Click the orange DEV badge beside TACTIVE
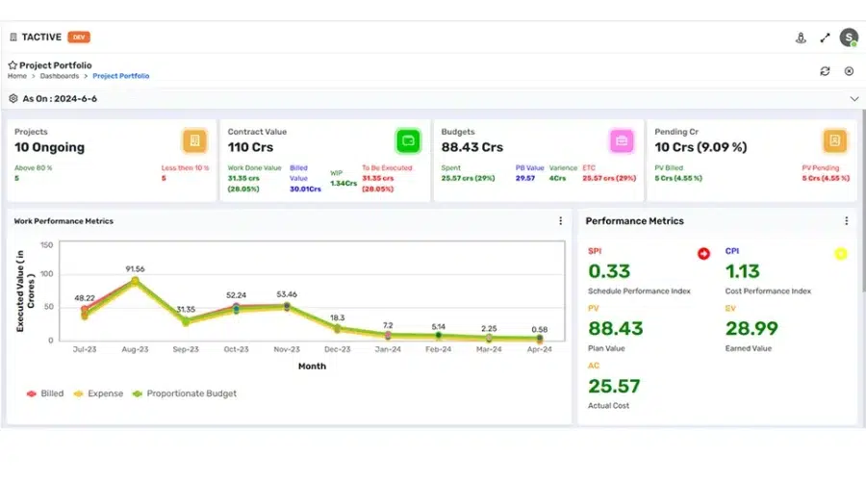click(x=79, y=38)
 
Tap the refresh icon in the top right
click(x=825, y=70)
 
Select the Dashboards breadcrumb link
click(x=60, y=75)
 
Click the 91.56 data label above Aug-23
click(x=135, y=268)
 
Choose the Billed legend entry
click(x=46, y=393)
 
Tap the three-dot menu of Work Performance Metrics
click(x=561, y=221)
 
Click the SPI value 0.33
click(x=608, y=271)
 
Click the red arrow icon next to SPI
click(x=703, y=254)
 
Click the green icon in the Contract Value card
click(x=408, y=141)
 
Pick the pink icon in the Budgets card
click(x=621, y=141)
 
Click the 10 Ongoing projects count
click(x=49, y=148)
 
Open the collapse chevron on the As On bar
click(x=853, y=99)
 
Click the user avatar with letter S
click(x=848, y=38)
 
